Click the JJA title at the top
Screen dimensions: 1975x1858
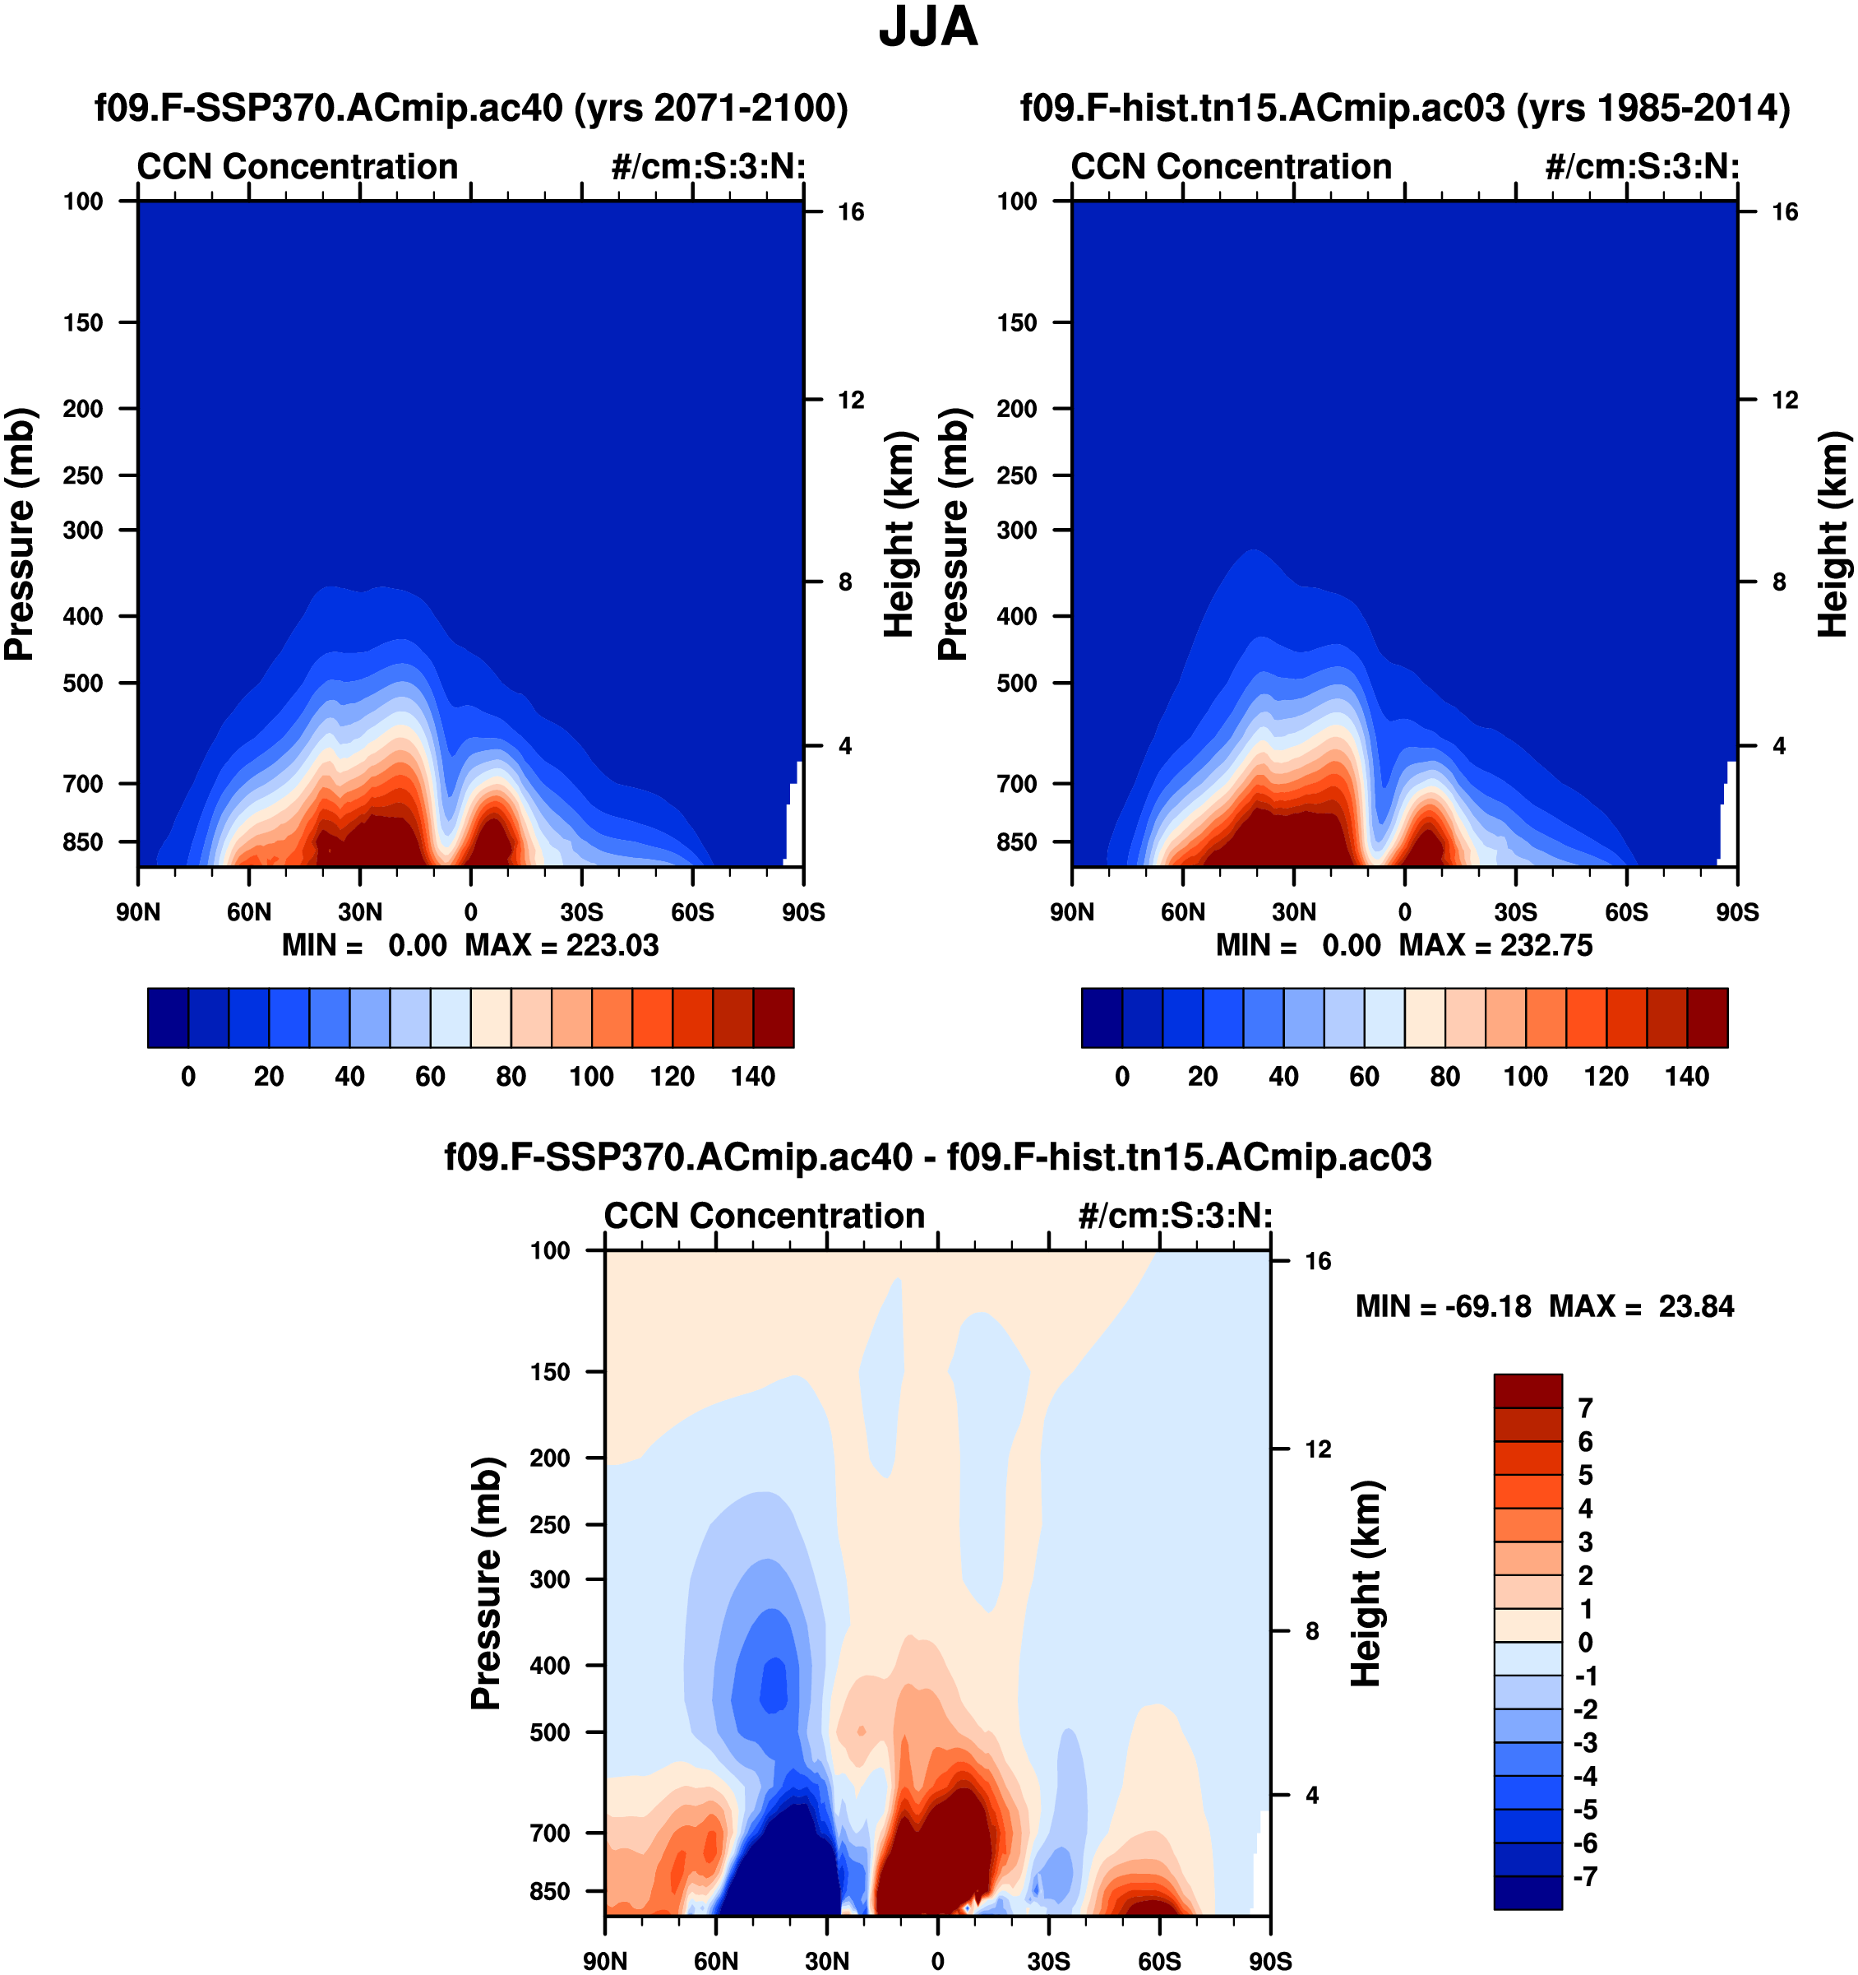coord(927,28)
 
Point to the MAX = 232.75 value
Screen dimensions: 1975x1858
coord(1495,945)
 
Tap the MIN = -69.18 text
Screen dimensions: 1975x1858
coord(1443,1306)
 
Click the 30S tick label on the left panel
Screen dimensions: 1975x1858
coord(581,912)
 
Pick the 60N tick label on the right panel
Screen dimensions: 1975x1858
coord(1183,912)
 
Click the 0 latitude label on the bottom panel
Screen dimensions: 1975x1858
coord(937,1961)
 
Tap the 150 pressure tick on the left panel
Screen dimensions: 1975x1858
coord(82,323)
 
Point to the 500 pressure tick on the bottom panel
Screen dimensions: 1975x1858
coord(550,1732)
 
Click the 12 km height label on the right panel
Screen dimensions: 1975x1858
coord(1785,401)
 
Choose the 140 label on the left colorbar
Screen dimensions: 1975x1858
coord(753,1077)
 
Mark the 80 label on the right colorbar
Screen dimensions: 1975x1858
coord(1445,1077)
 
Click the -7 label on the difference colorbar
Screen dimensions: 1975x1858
coord(1585,1876)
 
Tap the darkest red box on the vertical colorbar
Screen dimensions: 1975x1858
coord(1528,1391)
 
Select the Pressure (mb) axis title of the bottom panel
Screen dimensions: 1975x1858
coord(486,1583)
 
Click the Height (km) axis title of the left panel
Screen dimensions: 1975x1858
coord(898,535)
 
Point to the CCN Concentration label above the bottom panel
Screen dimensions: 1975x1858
coord(764,1216)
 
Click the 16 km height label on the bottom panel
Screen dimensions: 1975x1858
coord(1317,1262)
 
